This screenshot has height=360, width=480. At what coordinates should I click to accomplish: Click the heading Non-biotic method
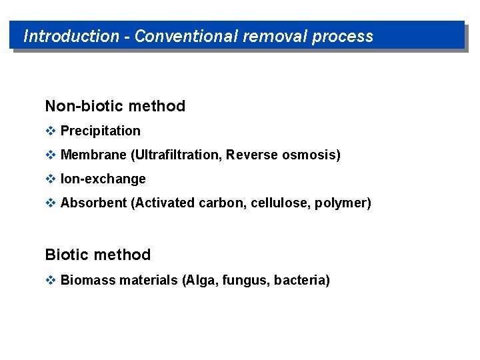pyautogui.click(x=115, y=106)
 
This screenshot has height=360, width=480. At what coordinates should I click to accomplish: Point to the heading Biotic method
pyautogui.click(x=98, y=255)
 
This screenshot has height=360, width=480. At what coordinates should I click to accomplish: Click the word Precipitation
pyautogui.click(x=100, y=131)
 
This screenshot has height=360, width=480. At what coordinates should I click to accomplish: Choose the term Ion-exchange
pyautogui.click(x=103, y=179)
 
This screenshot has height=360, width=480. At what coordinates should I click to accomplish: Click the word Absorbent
pyautogui.click(x=93, y=203)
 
